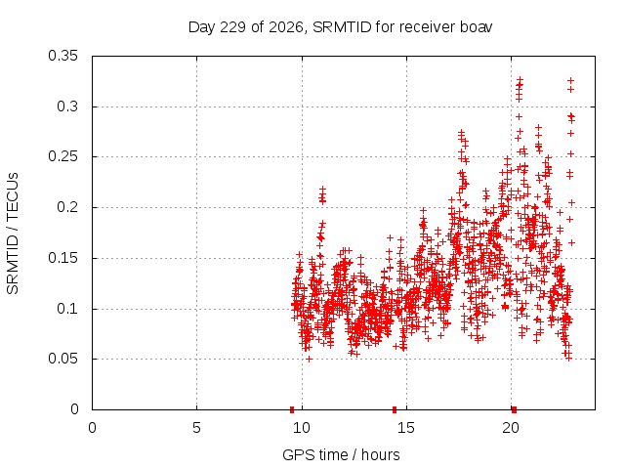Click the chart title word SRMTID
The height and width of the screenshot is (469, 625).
(342, 27)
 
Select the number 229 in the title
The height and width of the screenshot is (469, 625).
(232, 27)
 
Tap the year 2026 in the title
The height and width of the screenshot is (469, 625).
(286, 28)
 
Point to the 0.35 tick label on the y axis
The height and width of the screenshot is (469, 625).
(62, 56)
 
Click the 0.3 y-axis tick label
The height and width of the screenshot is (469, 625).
(67, 107)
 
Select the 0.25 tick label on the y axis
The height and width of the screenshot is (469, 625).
(62, 156)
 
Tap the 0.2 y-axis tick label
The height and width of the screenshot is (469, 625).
(67, 207)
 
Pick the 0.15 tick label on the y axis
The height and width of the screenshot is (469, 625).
(62, 258)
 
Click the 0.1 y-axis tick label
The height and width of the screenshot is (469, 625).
(67, 309)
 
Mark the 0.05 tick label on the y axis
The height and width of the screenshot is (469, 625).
(62, 359)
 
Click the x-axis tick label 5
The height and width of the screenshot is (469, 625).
(196, 428)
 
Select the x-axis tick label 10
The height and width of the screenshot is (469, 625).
(302, 428)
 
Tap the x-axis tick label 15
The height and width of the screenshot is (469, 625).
(406, 428)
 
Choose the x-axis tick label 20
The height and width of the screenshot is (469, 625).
(511, 428)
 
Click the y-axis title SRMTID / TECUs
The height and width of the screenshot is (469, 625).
(13, 234)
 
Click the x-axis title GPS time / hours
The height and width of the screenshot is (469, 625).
(341, 454)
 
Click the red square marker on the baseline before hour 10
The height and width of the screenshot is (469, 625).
(292, 409)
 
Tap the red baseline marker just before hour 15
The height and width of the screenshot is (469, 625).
(395, 409)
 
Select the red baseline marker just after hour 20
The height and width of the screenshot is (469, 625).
(515, 409)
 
